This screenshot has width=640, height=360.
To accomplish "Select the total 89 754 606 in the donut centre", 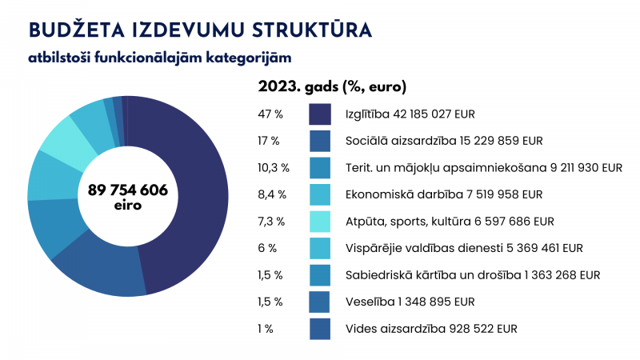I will point(128,190).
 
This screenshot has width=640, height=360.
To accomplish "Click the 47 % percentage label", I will point(270,114).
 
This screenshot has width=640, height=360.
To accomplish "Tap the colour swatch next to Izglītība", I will point(320,114).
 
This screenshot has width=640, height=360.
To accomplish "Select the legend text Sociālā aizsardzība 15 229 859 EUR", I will point(444,141).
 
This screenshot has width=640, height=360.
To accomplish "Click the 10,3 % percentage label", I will point(274,168).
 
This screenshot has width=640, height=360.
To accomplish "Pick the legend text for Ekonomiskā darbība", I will point(444,194).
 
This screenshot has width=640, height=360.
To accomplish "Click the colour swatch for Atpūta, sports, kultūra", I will point(320,222).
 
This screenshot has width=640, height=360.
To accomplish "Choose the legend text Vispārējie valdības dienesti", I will point(464,248).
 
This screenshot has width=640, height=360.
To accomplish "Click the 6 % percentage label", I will point(267,248).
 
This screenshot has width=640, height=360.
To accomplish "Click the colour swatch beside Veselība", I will point(320,302).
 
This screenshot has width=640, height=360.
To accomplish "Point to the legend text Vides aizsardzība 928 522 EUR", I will point(431,329).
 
